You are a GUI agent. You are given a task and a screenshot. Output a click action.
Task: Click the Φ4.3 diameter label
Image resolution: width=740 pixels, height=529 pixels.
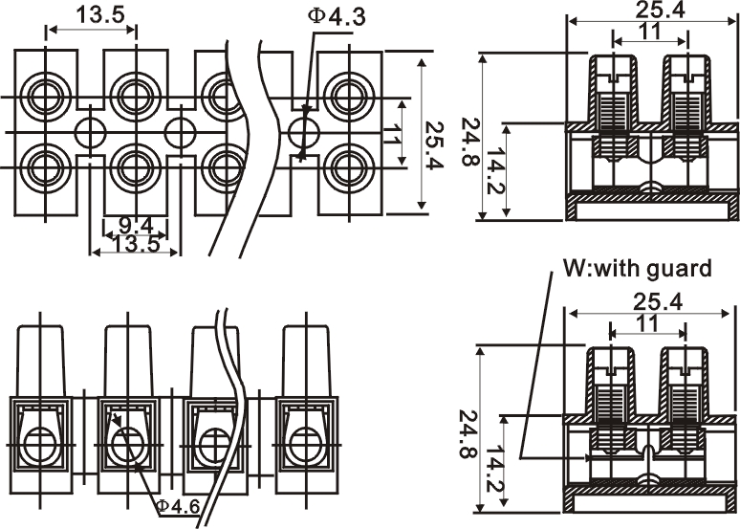(337, 16)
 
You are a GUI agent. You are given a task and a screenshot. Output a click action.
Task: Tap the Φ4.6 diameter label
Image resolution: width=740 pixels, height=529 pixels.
(178, 504)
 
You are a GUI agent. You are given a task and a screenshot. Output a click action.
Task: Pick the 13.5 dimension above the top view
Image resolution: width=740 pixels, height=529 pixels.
(92, 15)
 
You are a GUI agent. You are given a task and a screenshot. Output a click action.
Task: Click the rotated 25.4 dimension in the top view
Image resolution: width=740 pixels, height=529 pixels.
(436, 140)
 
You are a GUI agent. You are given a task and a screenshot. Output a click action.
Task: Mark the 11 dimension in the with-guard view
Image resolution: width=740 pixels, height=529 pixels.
(647, 323)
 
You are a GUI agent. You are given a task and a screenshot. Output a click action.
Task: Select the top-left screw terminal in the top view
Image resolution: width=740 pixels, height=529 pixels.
(45, 96)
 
